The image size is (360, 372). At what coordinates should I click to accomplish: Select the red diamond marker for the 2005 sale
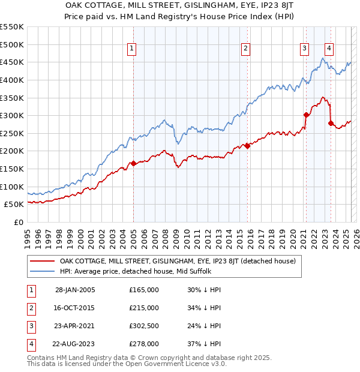[133, 163]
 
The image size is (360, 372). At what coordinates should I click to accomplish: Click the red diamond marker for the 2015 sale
[247, 146]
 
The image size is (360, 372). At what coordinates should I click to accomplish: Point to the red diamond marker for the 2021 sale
[306, 115]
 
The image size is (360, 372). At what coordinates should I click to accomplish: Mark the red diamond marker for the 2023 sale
[331, 123]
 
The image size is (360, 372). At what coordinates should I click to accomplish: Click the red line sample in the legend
[41, 261]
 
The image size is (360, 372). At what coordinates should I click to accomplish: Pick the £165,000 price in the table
[144, 290]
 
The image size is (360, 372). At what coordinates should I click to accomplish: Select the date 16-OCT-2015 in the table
[75, 308]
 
